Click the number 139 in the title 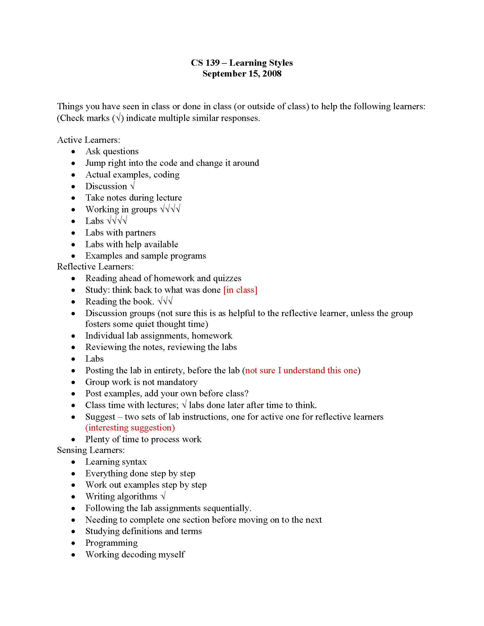(212, 63)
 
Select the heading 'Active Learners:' (89, 140)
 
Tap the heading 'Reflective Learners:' (95, 267)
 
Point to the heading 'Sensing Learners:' (91, 450)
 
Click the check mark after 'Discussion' (132, 186)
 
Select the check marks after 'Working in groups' (170, 209)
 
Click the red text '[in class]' (240, 290)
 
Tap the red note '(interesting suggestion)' (130, 428)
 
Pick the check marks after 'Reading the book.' (165, 302)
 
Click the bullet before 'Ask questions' (74, 152)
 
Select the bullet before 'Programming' (74, 543)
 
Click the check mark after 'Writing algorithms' (163, 497)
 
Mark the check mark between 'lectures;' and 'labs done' (184, 405)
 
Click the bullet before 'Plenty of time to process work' (74, 440)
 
